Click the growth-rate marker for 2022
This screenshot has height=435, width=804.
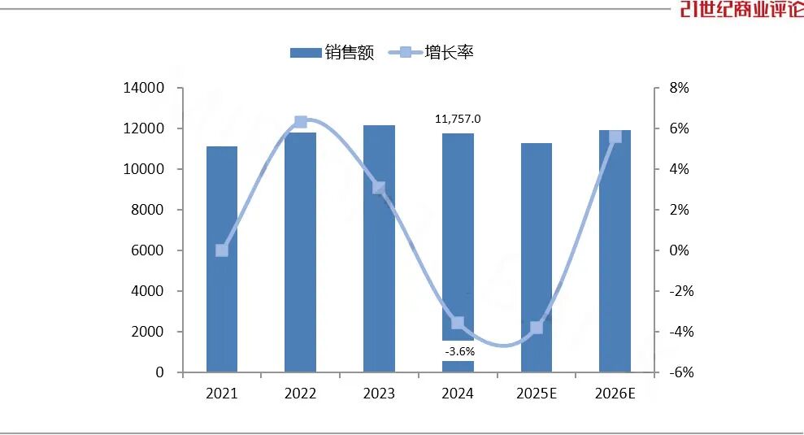coord(300,122)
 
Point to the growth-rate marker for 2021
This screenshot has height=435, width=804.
coord(222,250)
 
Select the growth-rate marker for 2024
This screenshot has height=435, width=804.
coord(458,323)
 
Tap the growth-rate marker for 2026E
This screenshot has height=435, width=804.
coord(615,136)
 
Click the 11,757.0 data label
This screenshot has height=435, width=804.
coord(458,119)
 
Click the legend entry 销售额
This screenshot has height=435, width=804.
coord(332,54)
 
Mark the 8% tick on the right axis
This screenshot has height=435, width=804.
coord(679,88)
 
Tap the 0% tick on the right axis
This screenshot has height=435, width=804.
coord(679,250)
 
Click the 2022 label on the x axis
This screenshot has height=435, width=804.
coord(300,394)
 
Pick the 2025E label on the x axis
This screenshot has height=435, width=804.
coord(536,394)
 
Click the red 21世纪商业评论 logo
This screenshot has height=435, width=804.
coord(741,10)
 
